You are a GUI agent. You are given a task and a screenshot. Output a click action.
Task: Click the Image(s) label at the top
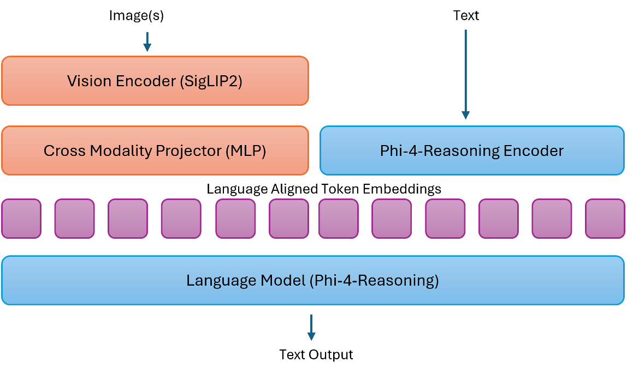point(137,16)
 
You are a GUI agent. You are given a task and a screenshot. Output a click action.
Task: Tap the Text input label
point(466,16)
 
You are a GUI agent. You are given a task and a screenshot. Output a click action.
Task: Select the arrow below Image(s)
point(147,42)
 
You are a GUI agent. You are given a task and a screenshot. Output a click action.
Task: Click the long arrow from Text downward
point(465,74)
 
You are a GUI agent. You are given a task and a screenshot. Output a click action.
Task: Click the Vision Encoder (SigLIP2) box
point(155,81)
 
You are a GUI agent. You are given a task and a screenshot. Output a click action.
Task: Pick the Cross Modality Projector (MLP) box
point(155,150)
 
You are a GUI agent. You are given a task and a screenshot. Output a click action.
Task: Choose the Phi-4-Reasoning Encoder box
point(471,150)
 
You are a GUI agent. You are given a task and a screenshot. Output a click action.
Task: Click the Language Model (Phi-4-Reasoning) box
point(312,280)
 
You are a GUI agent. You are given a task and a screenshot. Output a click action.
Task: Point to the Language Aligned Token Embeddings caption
point(324,189)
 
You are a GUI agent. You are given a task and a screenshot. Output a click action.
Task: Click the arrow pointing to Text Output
point(311,327)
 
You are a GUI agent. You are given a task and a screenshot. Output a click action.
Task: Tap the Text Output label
point(316,354)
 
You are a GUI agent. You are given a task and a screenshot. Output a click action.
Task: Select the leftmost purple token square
point(21,219)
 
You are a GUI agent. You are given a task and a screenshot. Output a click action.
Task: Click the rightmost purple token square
point(605,219)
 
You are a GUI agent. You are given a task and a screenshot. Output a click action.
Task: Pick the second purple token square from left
point(74,219)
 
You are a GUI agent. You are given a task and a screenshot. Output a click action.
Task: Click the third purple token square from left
point(127,219)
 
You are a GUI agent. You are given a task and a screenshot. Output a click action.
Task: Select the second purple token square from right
point(552,219)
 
